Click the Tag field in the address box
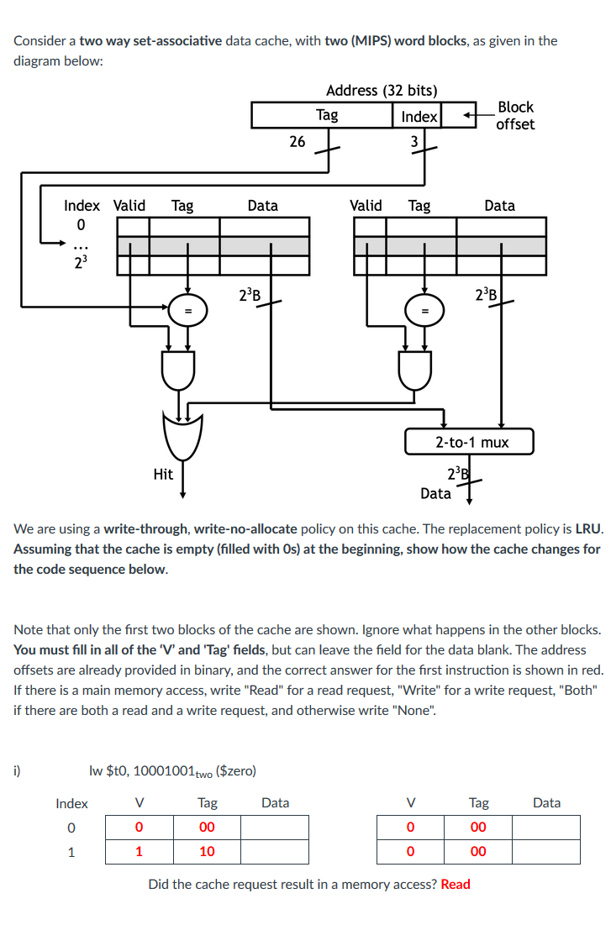(x=327, y=115)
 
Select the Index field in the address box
(x=419, y=116)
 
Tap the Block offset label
(x=514, y=115)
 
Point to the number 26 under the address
(x=297, y=142)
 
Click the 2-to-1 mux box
(x=470, y=442)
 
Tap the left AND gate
(x=177, y=369)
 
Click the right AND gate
(x=415, y=369)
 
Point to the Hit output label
(x=163, y=474)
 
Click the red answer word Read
(x=456, y=884)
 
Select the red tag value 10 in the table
(x=207, y=851)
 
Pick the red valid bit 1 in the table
(x=139, y=851)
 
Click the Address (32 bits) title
(x=381, y=90)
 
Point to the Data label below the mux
(x=435, y=493)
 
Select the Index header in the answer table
(x=71, y=803)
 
